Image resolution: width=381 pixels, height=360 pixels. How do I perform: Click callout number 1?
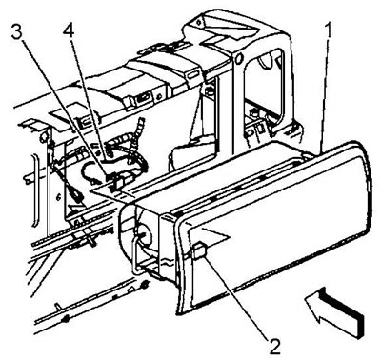pos(330,31)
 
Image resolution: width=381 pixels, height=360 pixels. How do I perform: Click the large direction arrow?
pos(333,311)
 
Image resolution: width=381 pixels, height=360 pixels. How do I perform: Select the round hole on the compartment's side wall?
pos(142,236)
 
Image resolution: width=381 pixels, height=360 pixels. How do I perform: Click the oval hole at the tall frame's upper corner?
pos(238,58)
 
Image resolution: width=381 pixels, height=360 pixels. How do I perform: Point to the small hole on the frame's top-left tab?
pos(199,22)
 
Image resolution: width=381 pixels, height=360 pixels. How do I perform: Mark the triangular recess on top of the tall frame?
pos(245,30)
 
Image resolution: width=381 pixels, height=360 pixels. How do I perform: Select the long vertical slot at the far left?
pos(35,190)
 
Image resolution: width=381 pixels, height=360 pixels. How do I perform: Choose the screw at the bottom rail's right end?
pos(145,284)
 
